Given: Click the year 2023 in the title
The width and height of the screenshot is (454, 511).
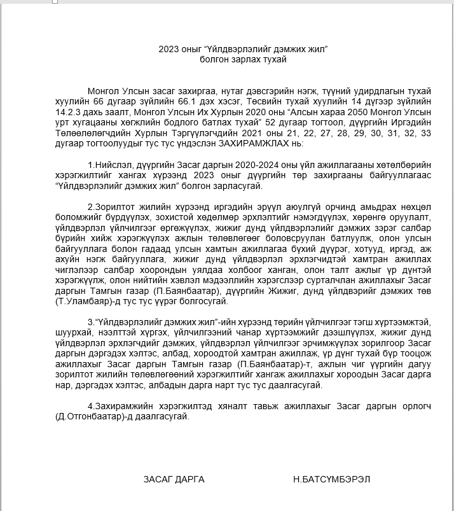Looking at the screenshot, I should pos(169,49).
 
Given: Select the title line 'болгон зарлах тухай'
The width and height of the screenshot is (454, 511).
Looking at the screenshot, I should pos(243,59).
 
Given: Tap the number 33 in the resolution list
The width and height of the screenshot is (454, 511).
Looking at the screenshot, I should pos(426,133).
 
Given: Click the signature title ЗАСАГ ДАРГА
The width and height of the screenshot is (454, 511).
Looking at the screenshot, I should pos(174,479).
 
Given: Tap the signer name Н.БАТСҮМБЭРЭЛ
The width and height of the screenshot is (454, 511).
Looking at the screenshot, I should pos(331,479).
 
